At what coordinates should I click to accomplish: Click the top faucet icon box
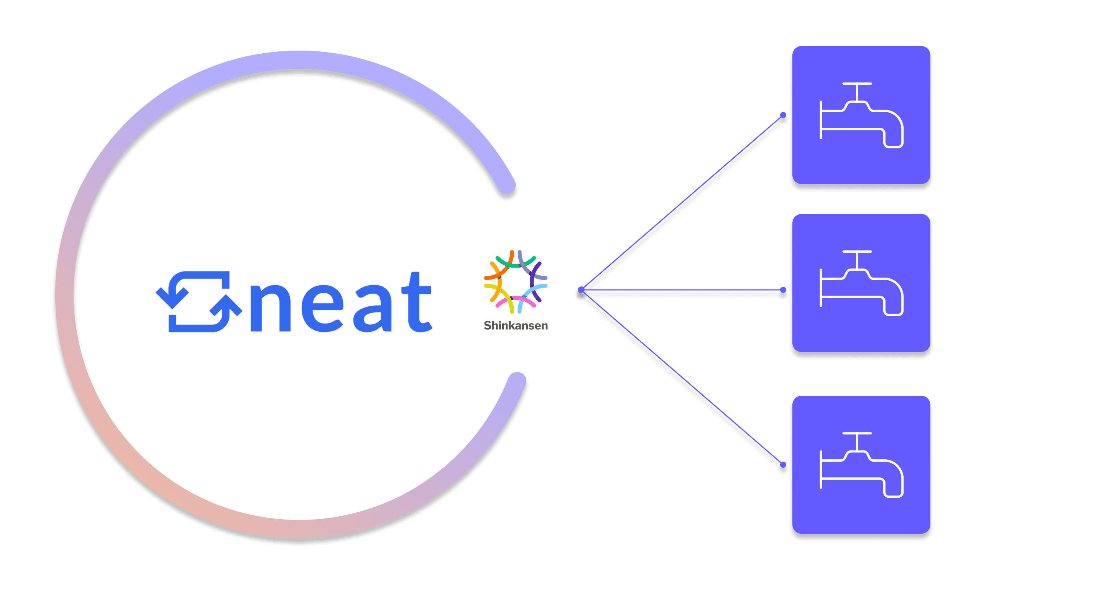click(861, 115)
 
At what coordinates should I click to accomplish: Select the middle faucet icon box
click(861, 283)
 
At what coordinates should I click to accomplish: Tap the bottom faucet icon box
click(861, 464)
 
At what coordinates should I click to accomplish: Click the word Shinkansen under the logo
click(516, 326)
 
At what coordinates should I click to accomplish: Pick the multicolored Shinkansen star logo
click(516, 281)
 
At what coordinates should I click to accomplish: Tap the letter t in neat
click(416, 303)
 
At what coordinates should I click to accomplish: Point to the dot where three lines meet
click(581, 290)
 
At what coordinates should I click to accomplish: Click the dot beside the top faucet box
click(783, 115)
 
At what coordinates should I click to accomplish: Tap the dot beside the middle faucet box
click(783, 290)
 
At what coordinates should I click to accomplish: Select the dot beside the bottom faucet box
click(783, 465)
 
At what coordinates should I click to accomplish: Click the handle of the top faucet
click(857, 84)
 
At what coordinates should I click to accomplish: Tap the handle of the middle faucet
click(857, 252)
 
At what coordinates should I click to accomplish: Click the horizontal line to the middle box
click(682, 290)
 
